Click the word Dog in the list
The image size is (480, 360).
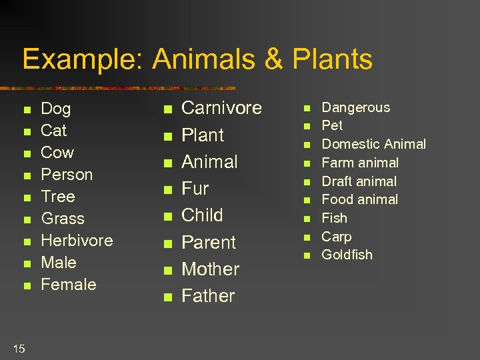pos(55,109)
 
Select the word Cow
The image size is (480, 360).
pos(57,153)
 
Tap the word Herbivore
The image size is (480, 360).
pos(77,241)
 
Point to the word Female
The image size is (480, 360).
pos(69,285)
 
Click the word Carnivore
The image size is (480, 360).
pos(221,108)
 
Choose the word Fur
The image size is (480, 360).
pos(195,189)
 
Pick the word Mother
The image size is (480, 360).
pos(210,269)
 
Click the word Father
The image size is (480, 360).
pos(208,296)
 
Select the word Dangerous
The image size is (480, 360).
pos(356,107)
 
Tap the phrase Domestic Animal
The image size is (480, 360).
pos(373,144)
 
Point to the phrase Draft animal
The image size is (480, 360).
pos(359,181)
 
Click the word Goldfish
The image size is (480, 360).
pos(347,255)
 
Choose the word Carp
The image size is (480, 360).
pos(336,237)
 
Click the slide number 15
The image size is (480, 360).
pos(19,348)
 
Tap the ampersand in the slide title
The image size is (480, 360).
pos(273,59)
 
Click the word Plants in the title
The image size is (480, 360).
pos(332,59)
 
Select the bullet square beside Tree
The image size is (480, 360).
pos(27,198)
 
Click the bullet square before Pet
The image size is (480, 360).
pos(308,127)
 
